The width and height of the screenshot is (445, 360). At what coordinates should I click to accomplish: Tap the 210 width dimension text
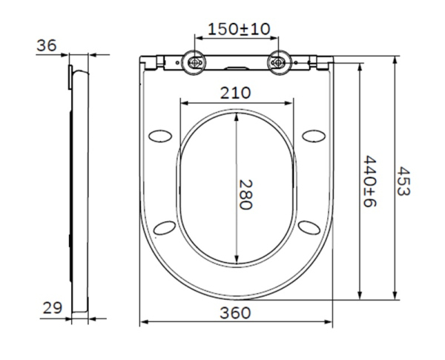(236, 93)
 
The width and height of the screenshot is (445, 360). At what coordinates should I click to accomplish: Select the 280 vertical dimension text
(245, 194)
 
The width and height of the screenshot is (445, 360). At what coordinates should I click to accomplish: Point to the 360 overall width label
(236, 312)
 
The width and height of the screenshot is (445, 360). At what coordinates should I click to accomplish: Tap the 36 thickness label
(47, 46)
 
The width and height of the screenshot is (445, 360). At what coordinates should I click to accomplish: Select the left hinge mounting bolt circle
(196, 63)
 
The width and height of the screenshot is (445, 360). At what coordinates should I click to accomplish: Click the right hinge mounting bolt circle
(279, 63)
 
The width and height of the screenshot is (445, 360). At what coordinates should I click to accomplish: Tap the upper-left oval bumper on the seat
(161, 134)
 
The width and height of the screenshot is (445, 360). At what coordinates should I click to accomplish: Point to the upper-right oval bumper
(314, 134)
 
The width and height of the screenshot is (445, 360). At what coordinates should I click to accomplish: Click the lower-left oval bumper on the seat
(168, 226)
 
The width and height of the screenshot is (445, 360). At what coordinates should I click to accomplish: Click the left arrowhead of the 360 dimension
(144, 322)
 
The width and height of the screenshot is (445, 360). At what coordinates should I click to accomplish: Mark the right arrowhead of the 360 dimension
(329, 322)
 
